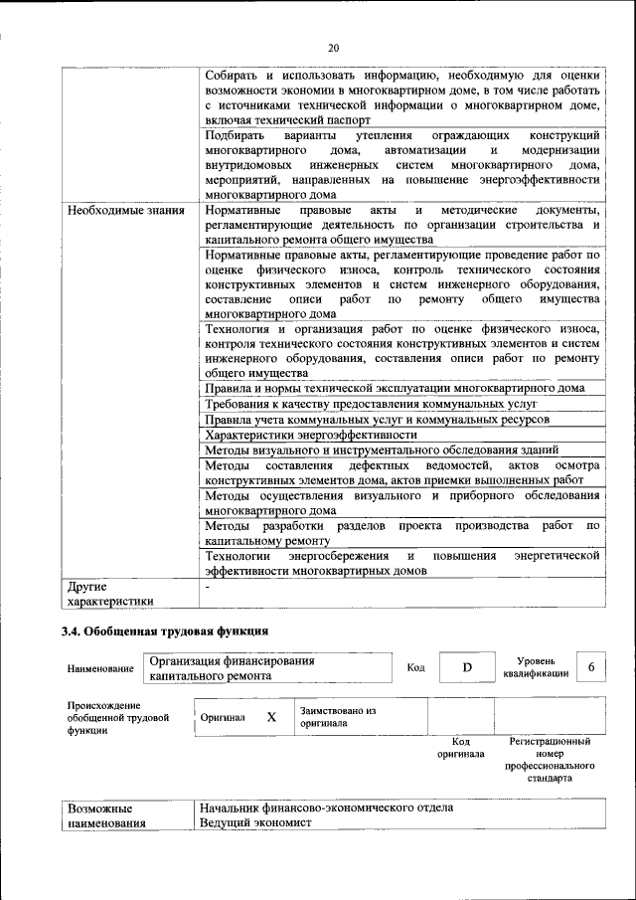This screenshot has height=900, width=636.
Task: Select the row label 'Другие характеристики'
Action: pyautogui.click(x=110, y=593)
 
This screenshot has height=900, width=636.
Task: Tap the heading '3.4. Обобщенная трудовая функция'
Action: pyautogui.click(x=164, y=630)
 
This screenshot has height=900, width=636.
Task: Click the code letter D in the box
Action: pyautogui.click(x=466, y=667)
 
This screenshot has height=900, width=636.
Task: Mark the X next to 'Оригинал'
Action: pyautogui.click(x=271, y=716)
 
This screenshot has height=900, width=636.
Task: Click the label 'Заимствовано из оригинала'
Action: pyautogui.click(x=338, y=717)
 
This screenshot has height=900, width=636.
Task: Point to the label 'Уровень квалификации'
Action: pyautogui.click(x=536, y=666)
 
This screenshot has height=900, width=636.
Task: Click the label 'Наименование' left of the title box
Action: pyautogui.click(x=100, y=669)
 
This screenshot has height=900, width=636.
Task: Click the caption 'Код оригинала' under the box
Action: pyautogui.click(x=460, y=747)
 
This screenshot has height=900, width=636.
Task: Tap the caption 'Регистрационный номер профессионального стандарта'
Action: pyautogui.click(x=550, y=760)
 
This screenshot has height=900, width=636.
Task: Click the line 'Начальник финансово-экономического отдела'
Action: pyautogui.click(x=326, y=808)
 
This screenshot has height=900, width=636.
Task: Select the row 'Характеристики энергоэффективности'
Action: pyautogui.click(x=310, y=435)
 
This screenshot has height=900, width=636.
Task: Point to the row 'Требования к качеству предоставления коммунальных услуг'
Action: pyautogui.click(x=371, y=405)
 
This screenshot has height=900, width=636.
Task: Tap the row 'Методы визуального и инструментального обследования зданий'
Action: pyautogui.click(x=382, y=450)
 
